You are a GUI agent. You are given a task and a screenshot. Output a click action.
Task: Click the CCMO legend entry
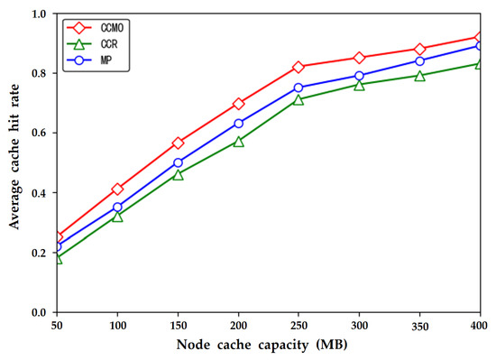99,28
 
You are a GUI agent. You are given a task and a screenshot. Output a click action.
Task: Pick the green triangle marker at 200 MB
238,142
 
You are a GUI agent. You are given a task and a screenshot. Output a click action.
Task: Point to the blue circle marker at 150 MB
178,163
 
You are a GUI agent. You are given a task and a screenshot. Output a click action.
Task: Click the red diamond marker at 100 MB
117,189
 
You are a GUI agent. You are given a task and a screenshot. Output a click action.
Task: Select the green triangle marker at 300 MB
359,85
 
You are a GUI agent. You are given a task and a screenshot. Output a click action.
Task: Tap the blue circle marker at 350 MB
419,60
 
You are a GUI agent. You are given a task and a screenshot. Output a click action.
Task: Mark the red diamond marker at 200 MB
238,104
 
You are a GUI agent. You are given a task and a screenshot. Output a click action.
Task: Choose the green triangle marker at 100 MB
117,217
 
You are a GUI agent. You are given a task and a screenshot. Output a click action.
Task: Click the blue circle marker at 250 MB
299,88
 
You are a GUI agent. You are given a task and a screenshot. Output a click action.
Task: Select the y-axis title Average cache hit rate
14,162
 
